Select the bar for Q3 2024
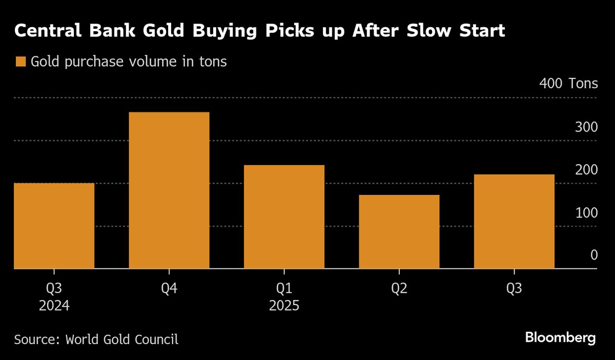[54, 226]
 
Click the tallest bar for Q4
[169, 190]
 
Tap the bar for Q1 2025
[284, 217]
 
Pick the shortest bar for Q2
[399, 232]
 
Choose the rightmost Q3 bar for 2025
[514, 222]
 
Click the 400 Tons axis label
[568, 84]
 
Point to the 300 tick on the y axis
[586, 127]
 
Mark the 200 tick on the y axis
[586, 170]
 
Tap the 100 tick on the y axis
[586, 212]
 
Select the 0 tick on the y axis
[593, 255]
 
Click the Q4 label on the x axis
[169, 289]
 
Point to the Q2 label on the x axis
[399, 289]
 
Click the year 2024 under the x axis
[54, 306]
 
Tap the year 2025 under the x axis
[284, 306]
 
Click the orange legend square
[20, 62]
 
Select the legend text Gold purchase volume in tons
[129, 62]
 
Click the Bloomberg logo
[560, 338]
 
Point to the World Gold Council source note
[96, 339]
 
